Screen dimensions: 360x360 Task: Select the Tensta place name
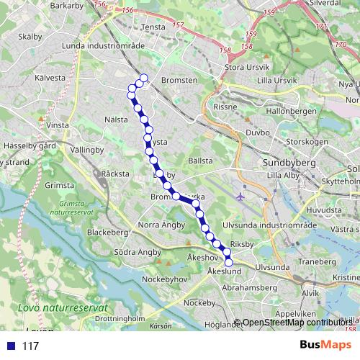[154, 27]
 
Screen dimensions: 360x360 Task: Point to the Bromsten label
[179, 81]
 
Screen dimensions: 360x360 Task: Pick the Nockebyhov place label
[167, 277]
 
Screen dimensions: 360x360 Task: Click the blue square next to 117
[10, 346]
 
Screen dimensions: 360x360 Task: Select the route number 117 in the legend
[30, 346]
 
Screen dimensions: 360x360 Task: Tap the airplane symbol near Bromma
[240, 196]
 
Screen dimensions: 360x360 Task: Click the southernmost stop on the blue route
[229, 262]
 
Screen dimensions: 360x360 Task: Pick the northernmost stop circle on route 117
[144, 78]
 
